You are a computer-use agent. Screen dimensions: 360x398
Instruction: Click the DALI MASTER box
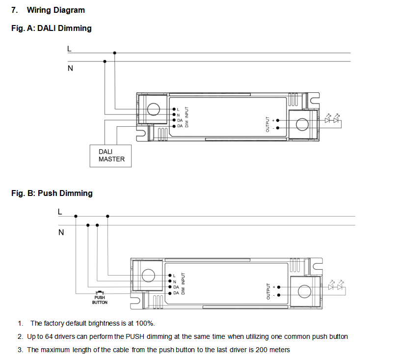point(111,156)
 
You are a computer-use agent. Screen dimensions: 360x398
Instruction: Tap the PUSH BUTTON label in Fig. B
point(100,300)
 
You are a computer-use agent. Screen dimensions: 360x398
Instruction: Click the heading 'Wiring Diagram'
point(55,10)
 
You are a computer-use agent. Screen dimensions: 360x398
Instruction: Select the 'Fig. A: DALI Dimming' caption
point(51,28)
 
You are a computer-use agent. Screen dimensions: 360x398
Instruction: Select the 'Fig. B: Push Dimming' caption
point(52,194)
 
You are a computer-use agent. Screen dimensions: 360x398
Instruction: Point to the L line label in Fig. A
point(69,49)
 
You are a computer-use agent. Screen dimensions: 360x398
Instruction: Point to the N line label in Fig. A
point(70,68)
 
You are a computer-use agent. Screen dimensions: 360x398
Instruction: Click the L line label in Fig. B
point(60,212)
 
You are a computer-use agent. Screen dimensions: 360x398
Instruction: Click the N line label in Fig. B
point(60,232)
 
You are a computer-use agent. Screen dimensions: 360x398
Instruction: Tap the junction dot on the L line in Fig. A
point(115,53)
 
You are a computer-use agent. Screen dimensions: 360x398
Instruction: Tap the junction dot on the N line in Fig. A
point(104,61)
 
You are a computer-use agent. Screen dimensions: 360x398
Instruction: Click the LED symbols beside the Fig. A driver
point(332,119)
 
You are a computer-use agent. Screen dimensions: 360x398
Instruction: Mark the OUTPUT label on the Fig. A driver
point(267,124)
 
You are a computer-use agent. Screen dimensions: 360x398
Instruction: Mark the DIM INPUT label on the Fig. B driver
point(184,284)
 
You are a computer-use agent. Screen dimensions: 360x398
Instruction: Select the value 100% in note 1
point(146,323)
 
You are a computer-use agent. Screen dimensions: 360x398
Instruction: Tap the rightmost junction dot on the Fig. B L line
point(107,216)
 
